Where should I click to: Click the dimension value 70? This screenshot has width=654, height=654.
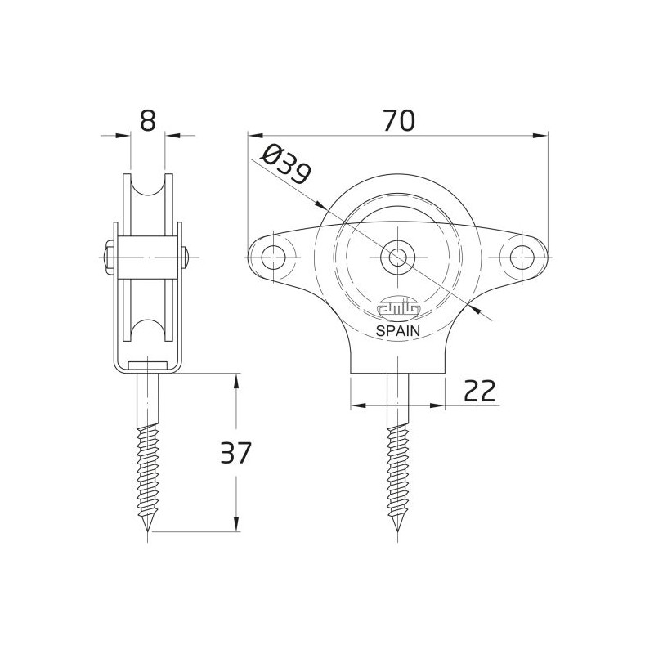click(x=399, y=120)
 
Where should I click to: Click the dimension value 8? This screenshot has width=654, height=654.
click(x=148, y=121)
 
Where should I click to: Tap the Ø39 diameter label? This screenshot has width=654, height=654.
click(x=285, y=164)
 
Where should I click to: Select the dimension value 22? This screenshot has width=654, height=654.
click(x=480, y=391)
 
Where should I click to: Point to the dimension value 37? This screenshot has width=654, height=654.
click(x=235, y=453)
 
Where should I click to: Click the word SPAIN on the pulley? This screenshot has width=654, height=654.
click(x=398, y=331)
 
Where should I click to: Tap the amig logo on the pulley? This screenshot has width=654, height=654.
click(x=398, y=309)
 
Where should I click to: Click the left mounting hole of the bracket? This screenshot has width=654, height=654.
click(x=273, y=258)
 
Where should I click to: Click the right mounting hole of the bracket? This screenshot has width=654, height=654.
click(x=522, y=258)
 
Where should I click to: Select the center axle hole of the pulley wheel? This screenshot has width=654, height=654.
click(x=397, y=258)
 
